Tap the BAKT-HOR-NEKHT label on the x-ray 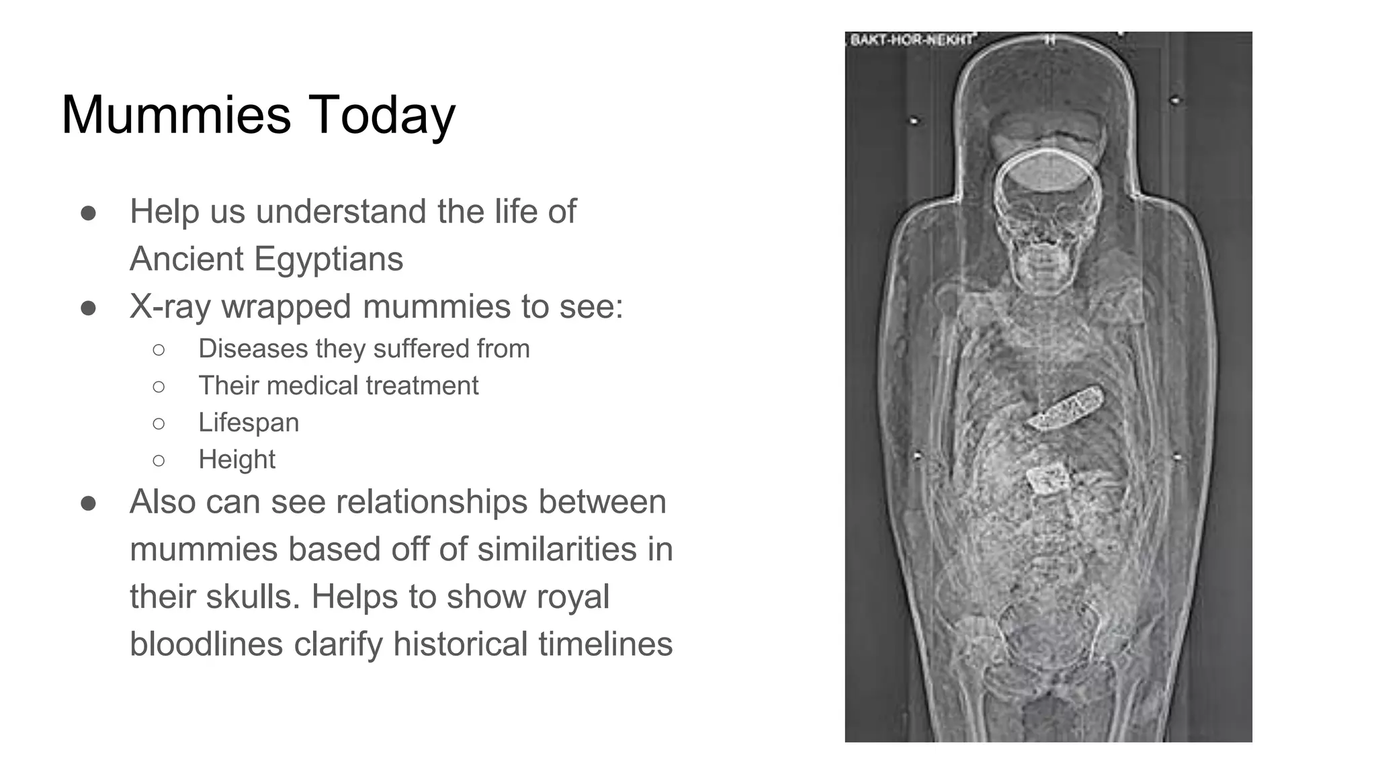click(910, 40)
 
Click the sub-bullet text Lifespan click(249, 423)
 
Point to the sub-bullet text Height click(236, 460)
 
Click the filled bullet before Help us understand click(88, 213)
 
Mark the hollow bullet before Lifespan click(159, 423)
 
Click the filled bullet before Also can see click(88, 503)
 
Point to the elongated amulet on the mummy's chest click(1066, 407)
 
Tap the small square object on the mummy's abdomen click(1048, 478)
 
